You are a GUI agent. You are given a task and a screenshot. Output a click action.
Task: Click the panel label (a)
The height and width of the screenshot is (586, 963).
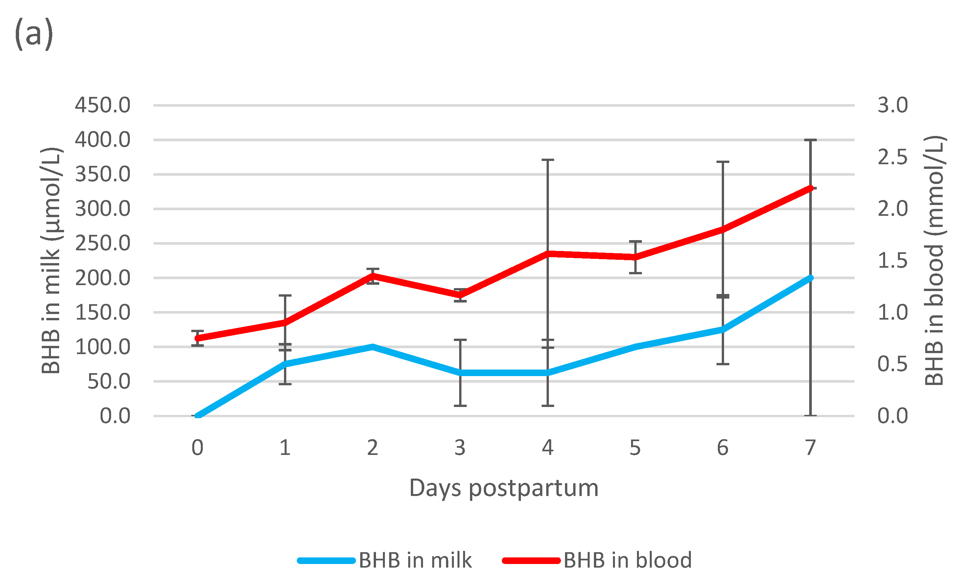[x=34, y=34]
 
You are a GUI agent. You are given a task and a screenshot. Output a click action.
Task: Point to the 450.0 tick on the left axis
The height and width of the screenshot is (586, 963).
[x=103, y=105]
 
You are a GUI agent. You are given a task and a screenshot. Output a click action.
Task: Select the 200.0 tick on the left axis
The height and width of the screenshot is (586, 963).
[x=103, y=278]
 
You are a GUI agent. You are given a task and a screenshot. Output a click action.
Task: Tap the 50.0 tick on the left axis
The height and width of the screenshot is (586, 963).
[x=109, y=381]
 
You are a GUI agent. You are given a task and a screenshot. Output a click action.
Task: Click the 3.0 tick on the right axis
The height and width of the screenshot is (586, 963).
[x=893, y=105]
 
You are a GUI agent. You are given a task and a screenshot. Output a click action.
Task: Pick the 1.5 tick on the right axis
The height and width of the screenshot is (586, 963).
[x=893, y=260]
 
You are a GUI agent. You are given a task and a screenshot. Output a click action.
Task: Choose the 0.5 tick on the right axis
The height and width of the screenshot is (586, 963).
[x=893, y=364]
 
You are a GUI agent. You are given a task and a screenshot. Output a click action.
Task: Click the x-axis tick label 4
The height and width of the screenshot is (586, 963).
[x=548, y=448]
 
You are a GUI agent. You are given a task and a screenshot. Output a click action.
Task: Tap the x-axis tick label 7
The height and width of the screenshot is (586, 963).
[x=810, y=448]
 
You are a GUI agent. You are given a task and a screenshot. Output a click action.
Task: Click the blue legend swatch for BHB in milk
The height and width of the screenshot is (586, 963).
[x=326, y=561]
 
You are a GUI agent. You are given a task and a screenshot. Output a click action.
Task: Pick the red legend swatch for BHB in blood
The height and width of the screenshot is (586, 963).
[x=531, y=561]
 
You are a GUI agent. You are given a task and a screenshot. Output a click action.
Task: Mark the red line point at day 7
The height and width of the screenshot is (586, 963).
[x=810, y=188]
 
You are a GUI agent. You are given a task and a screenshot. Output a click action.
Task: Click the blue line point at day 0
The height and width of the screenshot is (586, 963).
[x=198, y=416]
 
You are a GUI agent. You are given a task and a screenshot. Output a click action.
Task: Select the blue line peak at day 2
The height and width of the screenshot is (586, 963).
[x=373, y=347]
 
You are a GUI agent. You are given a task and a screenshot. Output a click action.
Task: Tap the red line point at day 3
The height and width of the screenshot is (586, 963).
[x=460, y=295]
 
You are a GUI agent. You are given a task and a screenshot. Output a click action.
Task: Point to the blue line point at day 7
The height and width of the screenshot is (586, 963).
[x=810, y=278]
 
